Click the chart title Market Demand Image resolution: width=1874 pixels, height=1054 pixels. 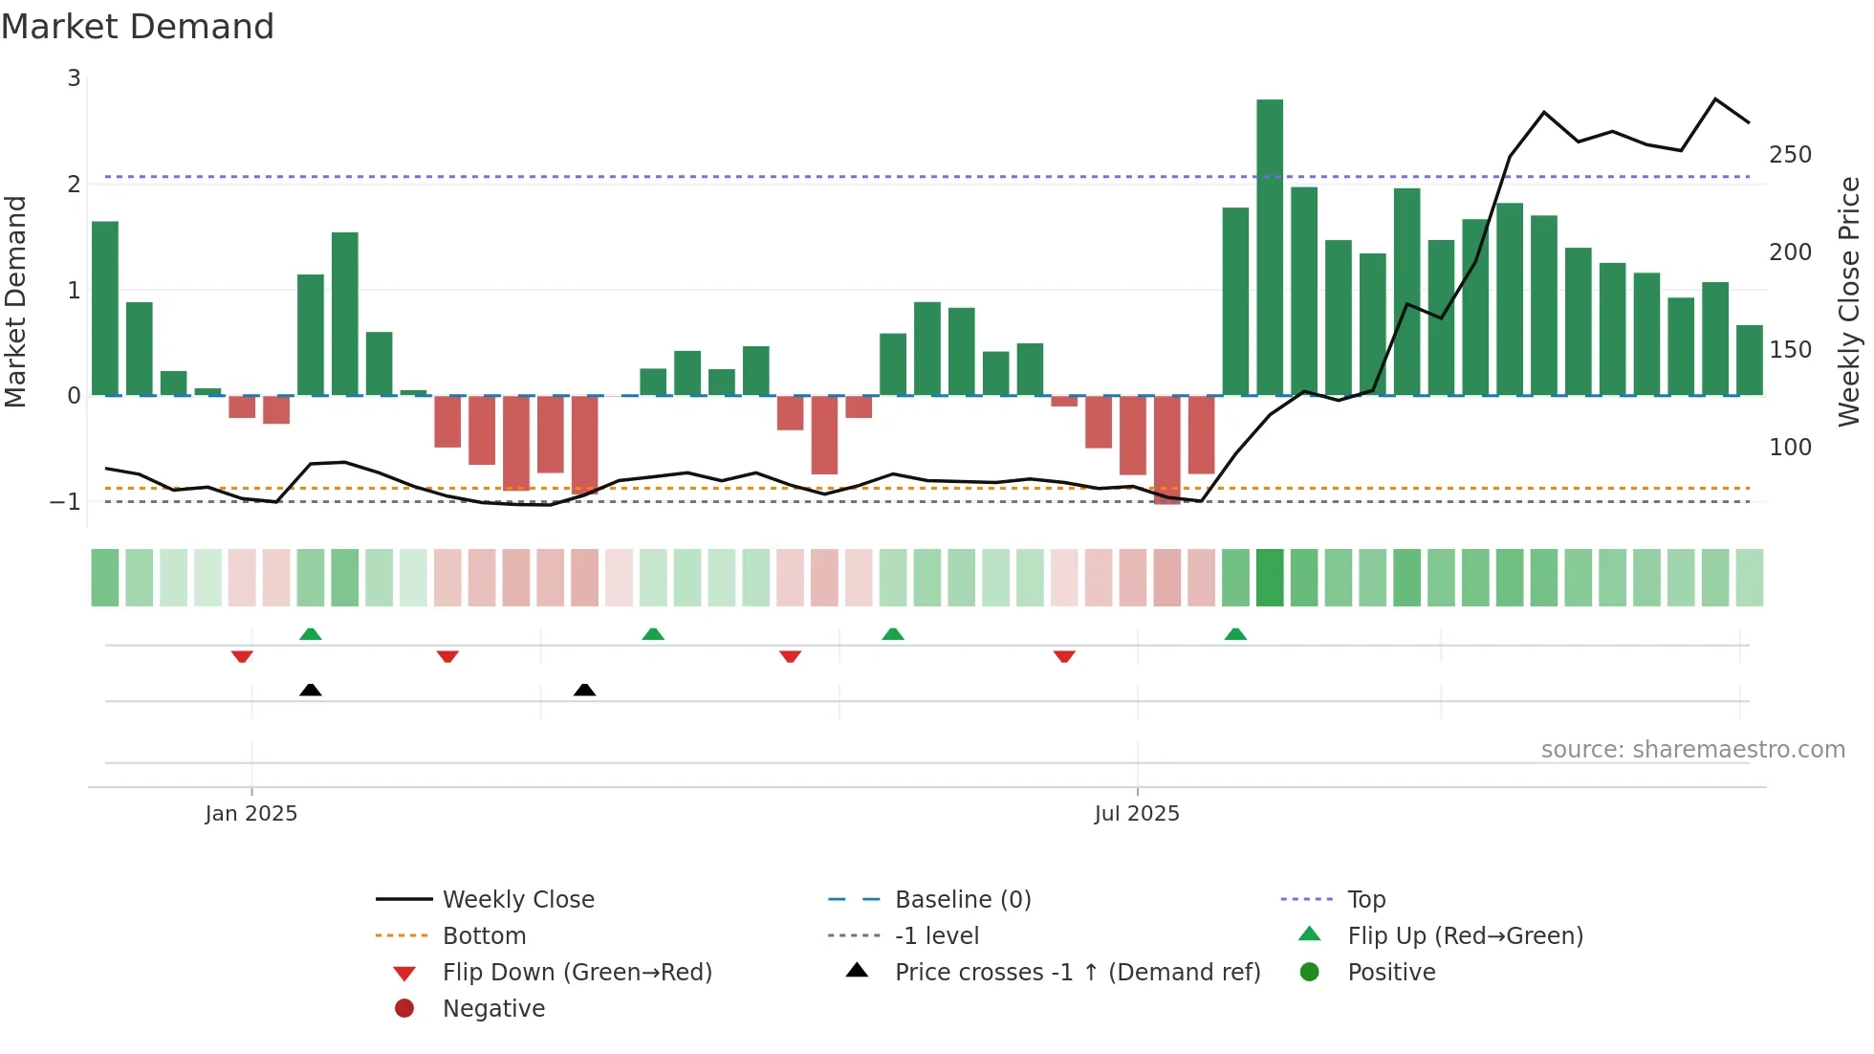tap(138, 27)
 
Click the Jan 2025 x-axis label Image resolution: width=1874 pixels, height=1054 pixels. tap(251, 814)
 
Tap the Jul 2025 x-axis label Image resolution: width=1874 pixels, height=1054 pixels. tap(1137, 814)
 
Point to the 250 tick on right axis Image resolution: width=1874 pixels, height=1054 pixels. tap(1790, 155)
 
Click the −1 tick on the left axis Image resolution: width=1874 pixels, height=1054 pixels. tap(66, 501)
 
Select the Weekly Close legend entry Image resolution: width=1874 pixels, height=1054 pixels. tap(517, 900)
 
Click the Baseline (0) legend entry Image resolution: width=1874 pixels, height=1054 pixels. tap(962, 900)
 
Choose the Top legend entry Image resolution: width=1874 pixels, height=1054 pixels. tap(1365, 900)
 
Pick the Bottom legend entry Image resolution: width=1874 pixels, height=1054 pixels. tap(484, 936)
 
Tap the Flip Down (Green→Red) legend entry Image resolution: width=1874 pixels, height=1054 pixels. tap(577, 973)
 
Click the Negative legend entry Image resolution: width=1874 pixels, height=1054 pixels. tap(493, 1009)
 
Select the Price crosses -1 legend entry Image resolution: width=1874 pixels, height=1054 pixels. tap(1077, 973)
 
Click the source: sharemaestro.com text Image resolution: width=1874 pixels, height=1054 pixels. tap(1692, 750)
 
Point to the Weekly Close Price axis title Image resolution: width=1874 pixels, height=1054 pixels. tap(1849, 301)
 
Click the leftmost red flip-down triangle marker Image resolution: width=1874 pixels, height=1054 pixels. tap(242, 656)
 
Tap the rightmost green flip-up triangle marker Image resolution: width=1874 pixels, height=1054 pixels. tap(1235, 634)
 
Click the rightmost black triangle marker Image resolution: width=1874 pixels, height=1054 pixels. tap(584, 690)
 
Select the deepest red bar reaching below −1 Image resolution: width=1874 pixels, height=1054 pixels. tap(1166, 450)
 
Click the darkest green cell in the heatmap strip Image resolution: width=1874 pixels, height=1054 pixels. tap(1270, 578)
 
